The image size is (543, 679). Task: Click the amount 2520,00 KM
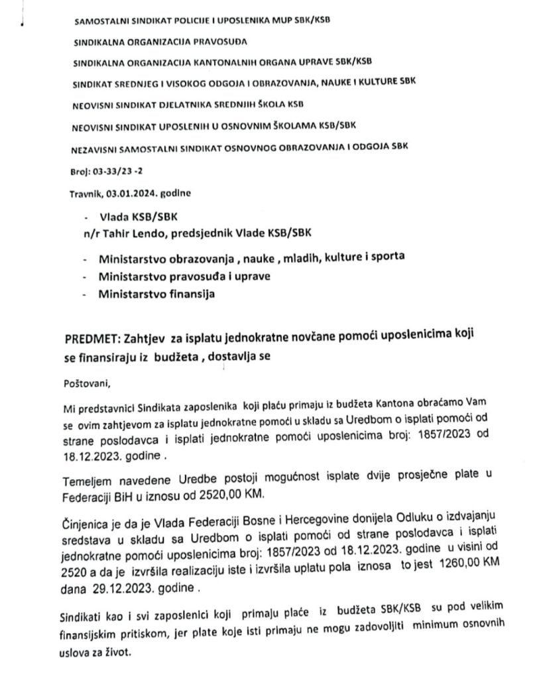click(x=210, y=495)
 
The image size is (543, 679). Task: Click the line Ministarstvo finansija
click(x=156, y=294)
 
